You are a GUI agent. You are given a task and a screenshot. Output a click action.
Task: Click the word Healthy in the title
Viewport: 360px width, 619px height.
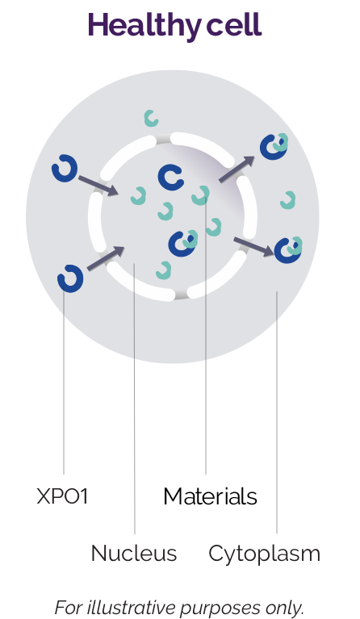pyautogui.click(x=144, y=26)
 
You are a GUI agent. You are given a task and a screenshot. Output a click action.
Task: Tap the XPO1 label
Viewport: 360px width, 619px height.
pyautogui.click(x=62, y=496)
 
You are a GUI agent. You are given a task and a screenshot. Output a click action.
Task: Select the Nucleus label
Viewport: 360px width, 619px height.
pyautogui.click(x=134, y=553)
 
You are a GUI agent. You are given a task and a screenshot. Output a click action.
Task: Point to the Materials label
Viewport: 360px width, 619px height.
pyautogui.click(x=210, y=496)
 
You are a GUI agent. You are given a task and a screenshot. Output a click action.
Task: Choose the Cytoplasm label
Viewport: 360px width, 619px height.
pyautogui.click(x=264, y=554)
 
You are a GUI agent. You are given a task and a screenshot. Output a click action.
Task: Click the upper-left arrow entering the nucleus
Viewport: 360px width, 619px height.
pyautogui.click(x=98, y=186)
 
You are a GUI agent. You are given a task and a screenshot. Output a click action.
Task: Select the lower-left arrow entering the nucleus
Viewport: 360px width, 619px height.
pyautogui.click(x=106, y=258)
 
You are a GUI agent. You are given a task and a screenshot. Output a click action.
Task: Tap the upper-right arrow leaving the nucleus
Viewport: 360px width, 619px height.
pyautogui.click(x=237, y=169)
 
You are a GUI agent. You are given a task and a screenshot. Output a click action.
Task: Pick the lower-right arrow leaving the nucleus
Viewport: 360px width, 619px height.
pyautogui.click(x=253, y=246)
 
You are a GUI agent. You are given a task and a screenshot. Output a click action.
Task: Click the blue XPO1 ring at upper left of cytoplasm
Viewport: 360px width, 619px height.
pyautogui.click(x=65, y=169)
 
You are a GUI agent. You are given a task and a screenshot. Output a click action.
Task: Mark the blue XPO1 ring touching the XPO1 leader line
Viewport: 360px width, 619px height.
pyautogui.click(x=70, y=278)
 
